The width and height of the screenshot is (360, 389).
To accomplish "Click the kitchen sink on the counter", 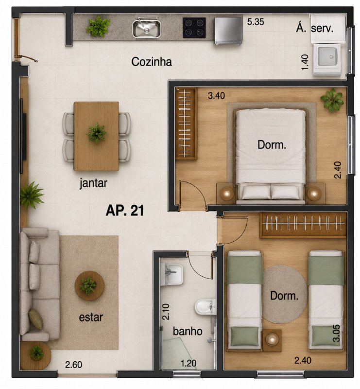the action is click(147, 29).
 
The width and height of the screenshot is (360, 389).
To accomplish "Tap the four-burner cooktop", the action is click(194, 28).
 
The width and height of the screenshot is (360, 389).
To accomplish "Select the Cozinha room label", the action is click(152, 62).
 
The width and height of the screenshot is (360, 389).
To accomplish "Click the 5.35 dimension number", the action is click(256, 22).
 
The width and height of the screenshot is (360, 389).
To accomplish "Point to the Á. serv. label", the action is click(314, 28).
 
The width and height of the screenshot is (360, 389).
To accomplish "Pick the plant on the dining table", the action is click(96, 133).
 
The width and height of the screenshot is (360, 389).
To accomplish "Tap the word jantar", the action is click(93, 183).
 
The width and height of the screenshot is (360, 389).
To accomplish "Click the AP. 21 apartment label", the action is click(125, 211).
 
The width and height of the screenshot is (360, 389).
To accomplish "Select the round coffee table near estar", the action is click(89, 285).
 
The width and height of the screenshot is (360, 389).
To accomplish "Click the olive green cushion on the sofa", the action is click(35, 319).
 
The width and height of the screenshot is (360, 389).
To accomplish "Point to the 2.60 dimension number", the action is click(74, 364).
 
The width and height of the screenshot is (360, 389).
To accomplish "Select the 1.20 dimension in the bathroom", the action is click(189, 363).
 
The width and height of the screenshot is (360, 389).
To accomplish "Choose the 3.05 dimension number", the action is click(336, 333).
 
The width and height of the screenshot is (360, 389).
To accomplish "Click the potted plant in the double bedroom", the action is click(332, 100).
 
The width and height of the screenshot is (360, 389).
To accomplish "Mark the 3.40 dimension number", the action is click(217, 95).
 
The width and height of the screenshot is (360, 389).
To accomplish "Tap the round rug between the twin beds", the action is click(284, 294).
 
